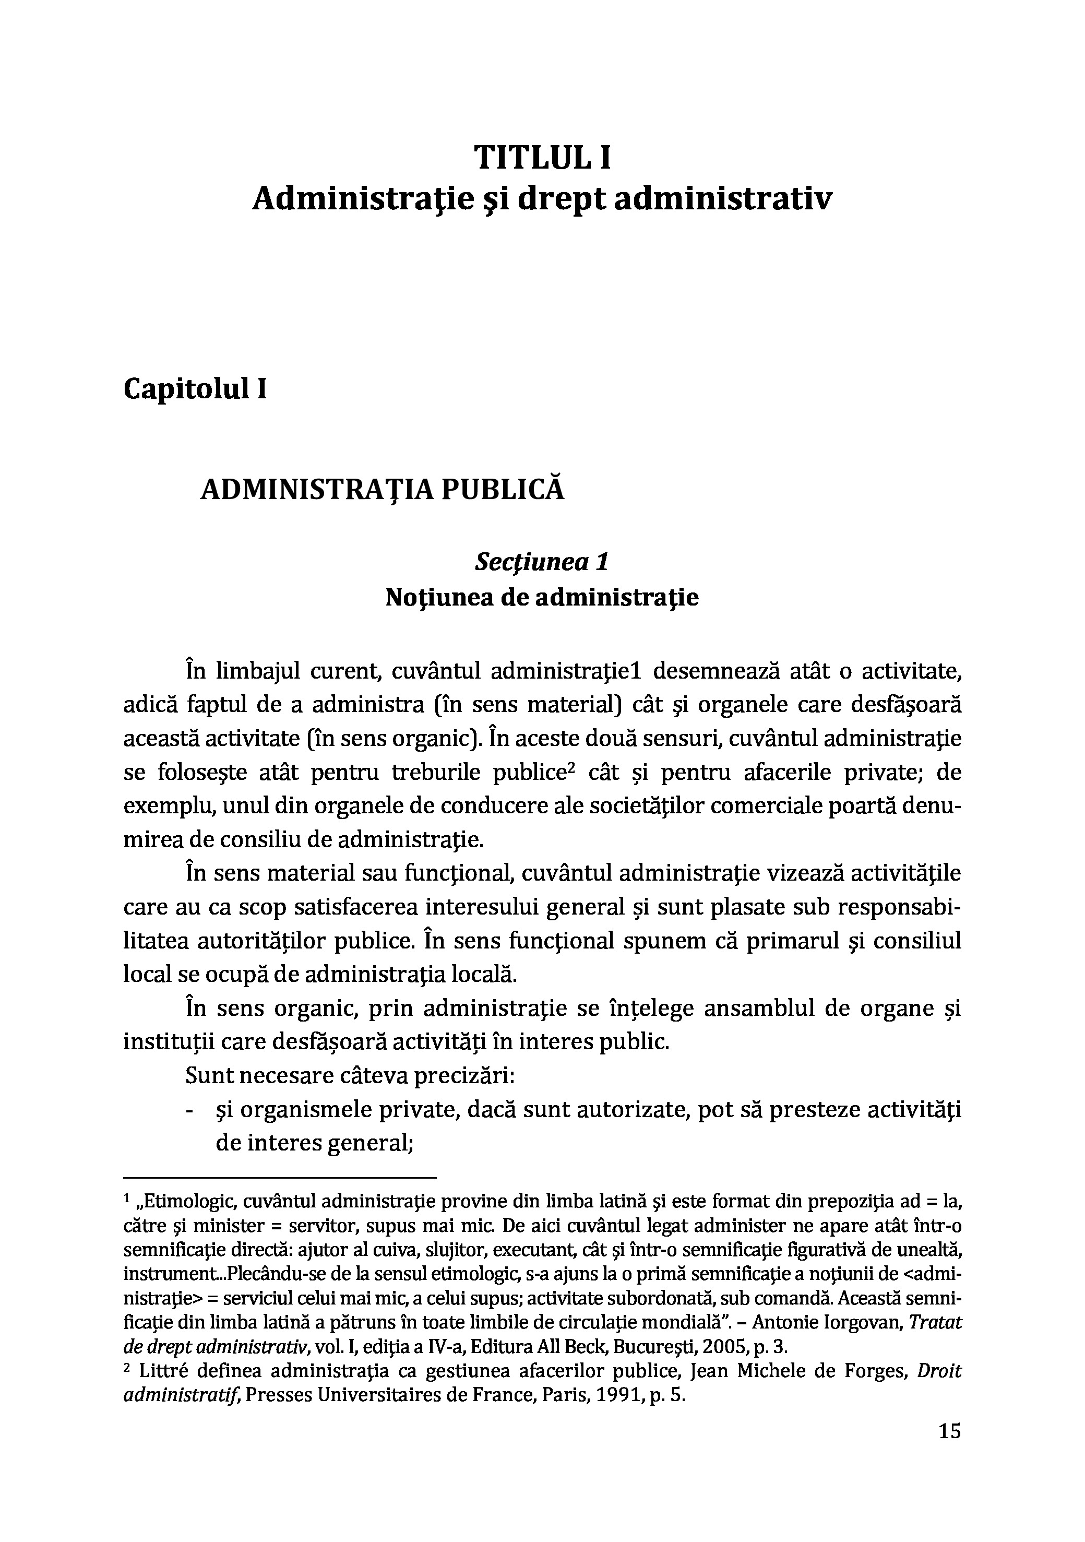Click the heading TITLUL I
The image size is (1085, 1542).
click(x=543, y=159)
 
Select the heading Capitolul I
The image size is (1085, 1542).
click(x=195, y=389)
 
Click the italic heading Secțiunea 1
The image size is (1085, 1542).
click(x=541, y=562)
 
